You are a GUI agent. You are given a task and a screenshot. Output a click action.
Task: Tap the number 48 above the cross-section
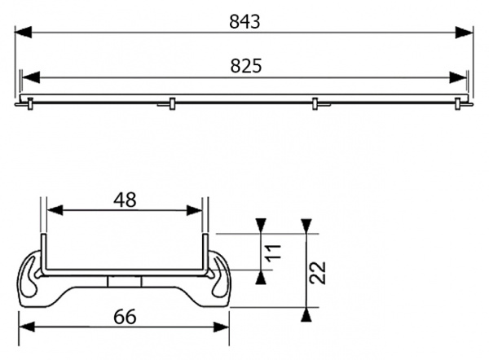pos(125,199)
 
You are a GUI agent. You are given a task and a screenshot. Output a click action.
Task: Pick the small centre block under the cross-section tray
pos(125,280)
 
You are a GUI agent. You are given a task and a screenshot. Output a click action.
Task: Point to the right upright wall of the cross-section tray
pos(205,252)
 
